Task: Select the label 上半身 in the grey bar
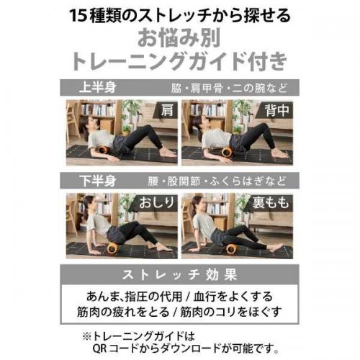(x=98, y=87)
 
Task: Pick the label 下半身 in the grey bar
(x=98, y=181)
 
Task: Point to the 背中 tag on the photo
(x=276, y=110)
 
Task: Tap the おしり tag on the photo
(x=157, y=203)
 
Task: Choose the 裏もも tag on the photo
(x=271, y=203)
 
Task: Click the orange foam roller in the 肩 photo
(x=104, y=153)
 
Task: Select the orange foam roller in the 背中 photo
(x=227, y=153)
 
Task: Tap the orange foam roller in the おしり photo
(x=112, y=248)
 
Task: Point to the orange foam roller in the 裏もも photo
(x=230, y=250)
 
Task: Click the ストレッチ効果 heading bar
(x=179, y=274)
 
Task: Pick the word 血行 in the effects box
(x=204, y=297)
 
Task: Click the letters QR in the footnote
(x=99, y=348)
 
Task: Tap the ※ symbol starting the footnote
(x=86, y=336)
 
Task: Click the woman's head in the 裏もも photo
(x=197, y=204)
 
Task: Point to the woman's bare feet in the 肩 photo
(x=168, y=153)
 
